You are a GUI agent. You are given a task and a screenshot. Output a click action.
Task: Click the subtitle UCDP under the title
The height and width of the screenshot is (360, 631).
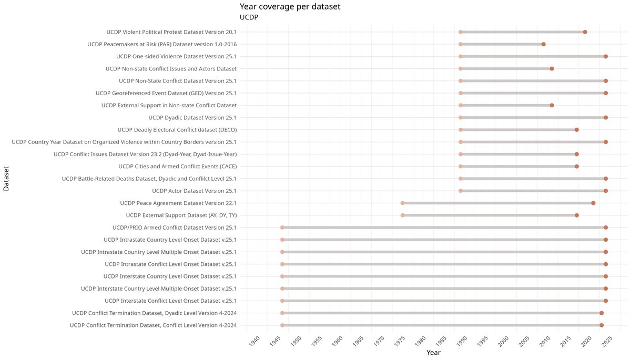pyautogui.click(x=249, y=17)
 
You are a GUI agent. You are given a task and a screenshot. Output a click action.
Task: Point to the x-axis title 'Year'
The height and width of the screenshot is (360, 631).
pyautogui.click(x=433, y=352)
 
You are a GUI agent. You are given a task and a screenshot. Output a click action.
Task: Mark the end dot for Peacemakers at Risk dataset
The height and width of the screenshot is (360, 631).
pyautogui.click(x=544, y=44)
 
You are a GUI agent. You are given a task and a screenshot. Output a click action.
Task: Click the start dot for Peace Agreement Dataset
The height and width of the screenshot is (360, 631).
pyautogui.click(x=403, y=203)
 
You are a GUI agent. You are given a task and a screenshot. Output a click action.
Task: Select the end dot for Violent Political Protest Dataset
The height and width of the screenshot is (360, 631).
pyautogui.click(x=585, y=32)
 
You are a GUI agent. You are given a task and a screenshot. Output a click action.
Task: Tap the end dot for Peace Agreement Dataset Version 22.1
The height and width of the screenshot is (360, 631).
pyautogui.click(x=593, y=203)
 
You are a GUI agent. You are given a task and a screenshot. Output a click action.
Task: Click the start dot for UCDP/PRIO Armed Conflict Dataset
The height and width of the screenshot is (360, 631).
pyautogui.click(x=282, y=228)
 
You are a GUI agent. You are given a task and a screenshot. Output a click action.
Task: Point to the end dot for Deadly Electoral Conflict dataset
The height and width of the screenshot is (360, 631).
pyautogui.click(x=577, y=130)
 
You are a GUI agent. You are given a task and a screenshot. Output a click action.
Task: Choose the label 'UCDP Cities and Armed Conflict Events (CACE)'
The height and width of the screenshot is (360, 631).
pyautogui.click(x=177, y=167)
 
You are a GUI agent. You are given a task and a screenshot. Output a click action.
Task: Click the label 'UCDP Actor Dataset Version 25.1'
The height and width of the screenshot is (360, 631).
pyautogui.click(x=194, y=191)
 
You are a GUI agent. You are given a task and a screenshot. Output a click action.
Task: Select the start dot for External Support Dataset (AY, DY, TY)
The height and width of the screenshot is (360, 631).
pyautogui.click(x=403, y=215)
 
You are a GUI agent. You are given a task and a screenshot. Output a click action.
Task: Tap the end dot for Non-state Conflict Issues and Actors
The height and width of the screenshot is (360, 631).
pyautogui.click(x=552, y=69)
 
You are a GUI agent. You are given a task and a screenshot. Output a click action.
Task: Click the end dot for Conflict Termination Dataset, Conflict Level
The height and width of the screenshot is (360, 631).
pyautogui.click(x=602, y=325)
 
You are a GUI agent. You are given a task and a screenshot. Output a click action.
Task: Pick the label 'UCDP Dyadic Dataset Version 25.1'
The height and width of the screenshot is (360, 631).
pyautogui.click(x=192, y=118)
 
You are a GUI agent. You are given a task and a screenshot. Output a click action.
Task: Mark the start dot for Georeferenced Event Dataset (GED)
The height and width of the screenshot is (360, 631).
pyautogui.click(x=461, y=93)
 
